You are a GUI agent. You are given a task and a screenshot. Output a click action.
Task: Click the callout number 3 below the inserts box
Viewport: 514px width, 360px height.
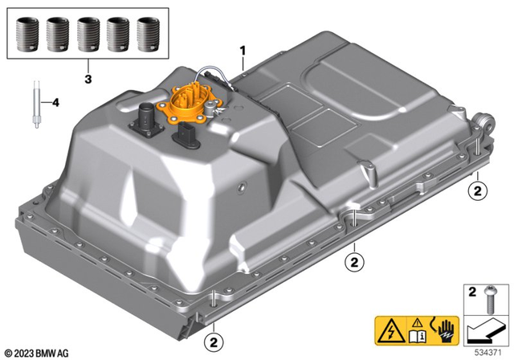[x=88, y=80]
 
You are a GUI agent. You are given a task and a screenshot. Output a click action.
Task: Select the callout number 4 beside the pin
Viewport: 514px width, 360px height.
[x=55, y=102]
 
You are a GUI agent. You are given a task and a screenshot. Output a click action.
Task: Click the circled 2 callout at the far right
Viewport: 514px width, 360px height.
[x=478, y=190]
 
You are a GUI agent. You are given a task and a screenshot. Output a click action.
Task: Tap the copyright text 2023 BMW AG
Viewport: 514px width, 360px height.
[x=38, y=352]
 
